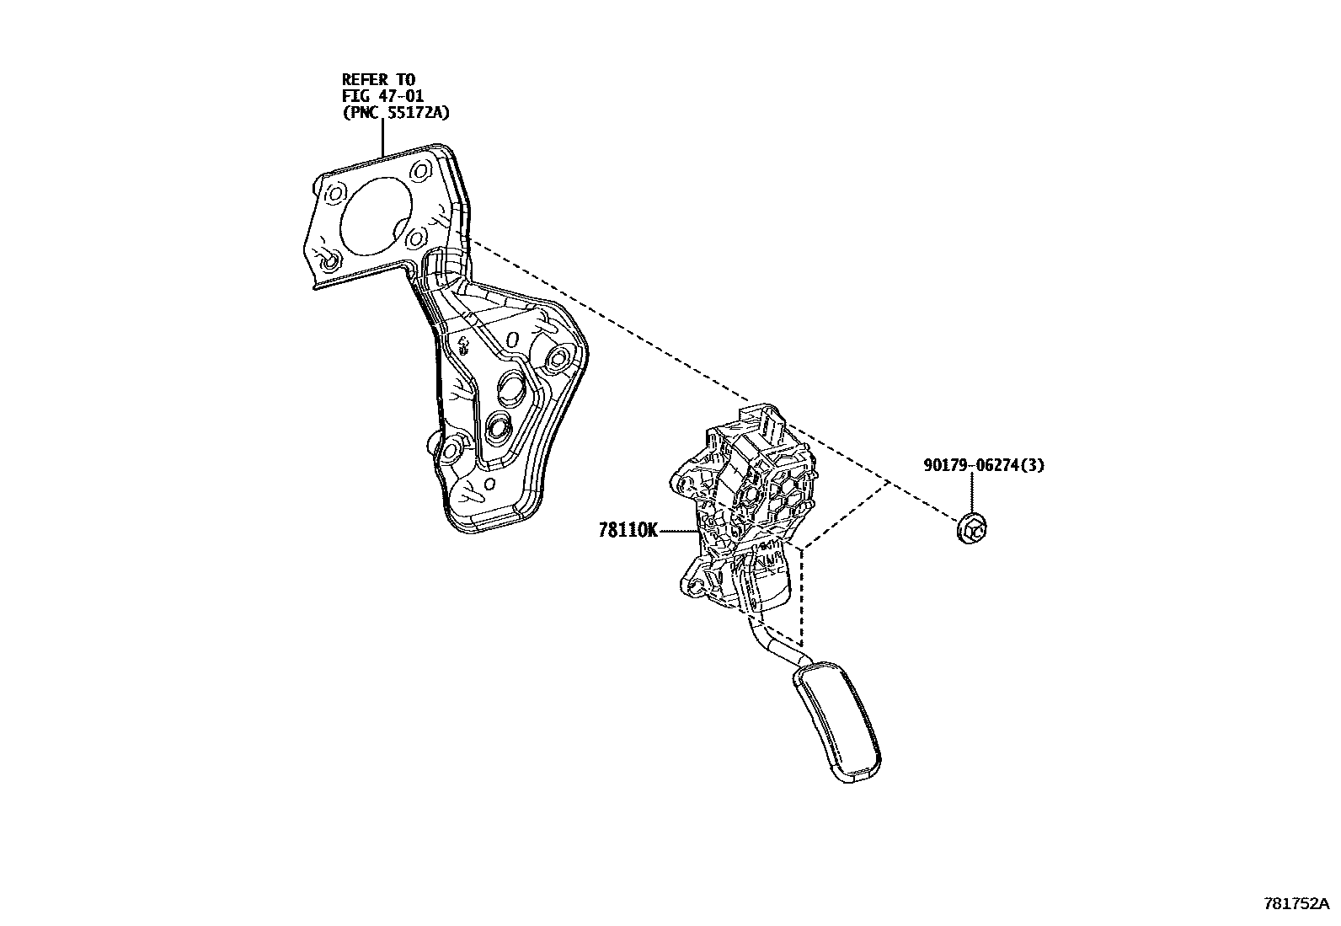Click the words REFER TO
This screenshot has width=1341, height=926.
(x=378, y=80)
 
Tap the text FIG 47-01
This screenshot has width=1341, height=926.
(x=382, y=96)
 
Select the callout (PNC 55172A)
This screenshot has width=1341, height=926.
(x=395, y=112)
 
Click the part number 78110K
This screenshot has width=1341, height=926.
(x=628, y=531)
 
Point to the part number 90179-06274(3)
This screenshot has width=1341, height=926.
(x=983, y=465)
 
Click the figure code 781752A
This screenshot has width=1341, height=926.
(x=1296, y=904)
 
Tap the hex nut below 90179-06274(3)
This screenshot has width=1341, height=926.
(x=973, y=529)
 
